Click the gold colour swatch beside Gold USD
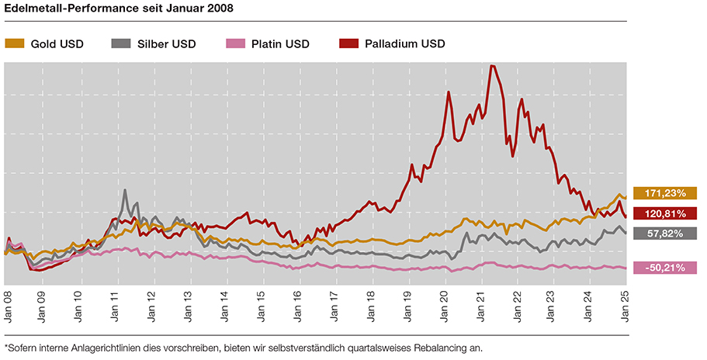coord(15,43)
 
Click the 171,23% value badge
coord(665,193)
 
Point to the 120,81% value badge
coord(665,213)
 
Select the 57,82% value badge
coord(665,233)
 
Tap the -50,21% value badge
coord(665,268)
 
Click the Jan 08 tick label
coord(6,305)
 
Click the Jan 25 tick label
coord(626,305)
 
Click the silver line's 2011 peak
coord(124,190)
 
